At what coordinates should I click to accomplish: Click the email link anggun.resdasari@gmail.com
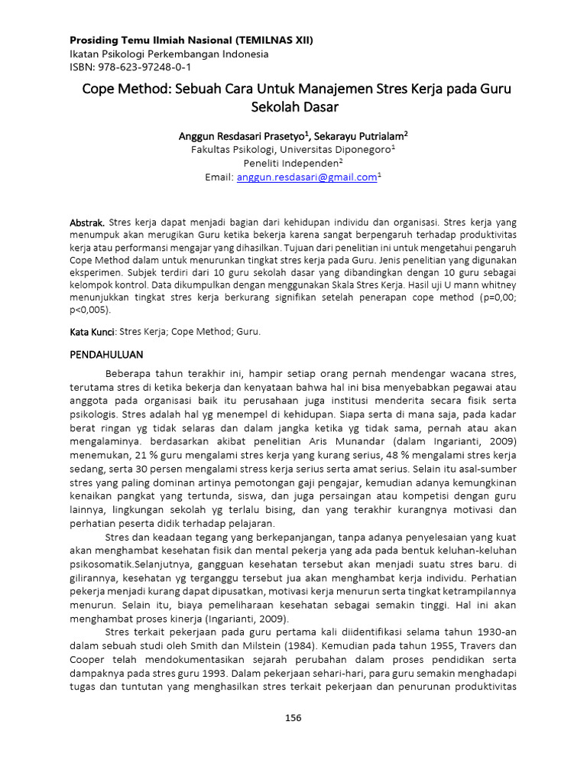click(307, 177)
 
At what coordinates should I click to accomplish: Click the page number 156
click(293, 716)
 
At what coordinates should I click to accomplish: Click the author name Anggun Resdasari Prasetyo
click(242, 135)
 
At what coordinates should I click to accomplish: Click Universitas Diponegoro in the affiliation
click(341, 149)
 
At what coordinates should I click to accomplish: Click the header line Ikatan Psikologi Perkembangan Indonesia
click(170, 54)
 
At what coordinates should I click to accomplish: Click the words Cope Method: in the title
click(122, 89)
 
